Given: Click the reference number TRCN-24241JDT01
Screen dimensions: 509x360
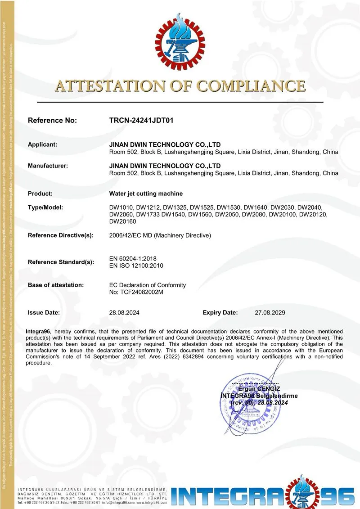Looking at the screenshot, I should [x=141, y=121].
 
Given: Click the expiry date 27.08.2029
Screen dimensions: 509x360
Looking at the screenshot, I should [x=270, y=312].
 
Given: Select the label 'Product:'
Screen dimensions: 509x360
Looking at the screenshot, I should [x=40, y=194].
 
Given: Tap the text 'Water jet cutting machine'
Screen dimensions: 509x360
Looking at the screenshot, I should [x=146, y=194].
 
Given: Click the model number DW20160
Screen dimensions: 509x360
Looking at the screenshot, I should [x=123, y=221].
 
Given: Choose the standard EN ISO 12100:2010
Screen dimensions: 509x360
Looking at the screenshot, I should [x=136, y=266].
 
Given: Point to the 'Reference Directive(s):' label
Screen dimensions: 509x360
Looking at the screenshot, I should [x=61, y=235].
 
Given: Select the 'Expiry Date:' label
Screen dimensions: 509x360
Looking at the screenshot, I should [x=220, y=312].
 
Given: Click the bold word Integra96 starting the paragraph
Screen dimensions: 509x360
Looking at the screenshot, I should [x=38, y=332].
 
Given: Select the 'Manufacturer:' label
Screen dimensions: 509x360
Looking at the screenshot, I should [x=48, y=166].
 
